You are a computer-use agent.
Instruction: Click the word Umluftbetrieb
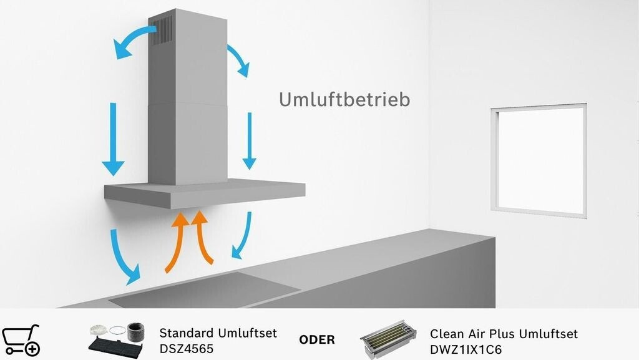pos(344,99)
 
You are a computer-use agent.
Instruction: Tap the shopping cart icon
pos(21,340)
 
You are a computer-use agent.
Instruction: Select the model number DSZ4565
pos(187,348)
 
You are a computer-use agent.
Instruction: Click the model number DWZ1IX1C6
pos(466,348)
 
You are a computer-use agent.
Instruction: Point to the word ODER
pos(317,340)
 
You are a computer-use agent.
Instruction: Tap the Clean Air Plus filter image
pos(389,340)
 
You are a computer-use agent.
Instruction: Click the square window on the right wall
pos(538,159)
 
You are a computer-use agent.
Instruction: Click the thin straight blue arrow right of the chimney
pos(249,141)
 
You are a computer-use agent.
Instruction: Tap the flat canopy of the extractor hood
pos(204,194)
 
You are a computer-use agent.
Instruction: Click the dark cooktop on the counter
pos(206,290)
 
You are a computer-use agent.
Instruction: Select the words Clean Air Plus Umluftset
pos(504,333)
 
